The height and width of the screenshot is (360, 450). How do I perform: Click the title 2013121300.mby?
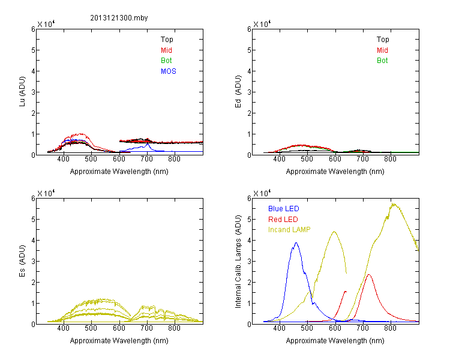pos(119,18)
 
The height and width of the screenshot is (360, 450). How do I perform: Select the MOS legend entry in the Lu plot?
pos(169,71)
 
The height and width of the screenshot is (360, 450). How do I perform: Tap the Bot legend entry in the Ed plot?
pos(382,61)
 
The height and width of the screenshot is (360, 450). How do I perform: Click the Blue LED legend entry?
pos(284,209)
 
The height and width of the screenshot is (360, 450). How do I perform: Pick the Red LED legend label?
pos(283,220)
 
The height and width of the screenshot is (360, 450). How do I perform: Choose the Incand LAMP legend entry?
pos(289,230)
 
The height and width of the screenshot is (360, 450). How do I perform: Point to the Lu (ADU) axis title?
pos(22,91)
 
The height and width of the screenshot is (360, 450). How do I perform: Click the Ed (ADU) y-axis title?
pos(238,91)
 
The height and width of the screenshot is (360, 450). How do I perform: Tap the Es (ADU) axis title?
pos(22,260)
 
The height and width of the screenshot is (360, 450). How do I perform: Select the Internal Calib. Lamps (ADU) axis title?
pos(238,262)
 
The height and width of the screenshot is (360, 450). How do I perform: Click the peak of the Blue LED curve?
pos(296,243)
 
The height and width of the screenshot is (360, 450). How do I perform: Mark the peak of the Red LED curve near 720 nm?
pos(369,275)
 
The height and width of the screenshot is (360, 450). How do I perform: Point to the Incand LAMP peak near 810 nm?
pos(393,204)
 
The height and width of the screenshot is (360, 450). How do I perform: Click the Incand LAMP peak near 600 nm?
pos(334,232)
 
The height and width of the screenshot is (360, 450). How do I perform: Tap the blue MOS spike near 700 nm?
pos(148,144)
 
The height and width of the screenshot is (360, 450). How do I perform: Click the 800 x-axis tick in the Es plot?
pos(174,328)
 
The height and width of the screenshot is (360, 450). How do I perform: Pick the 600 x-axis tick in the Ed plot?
pos(335,159)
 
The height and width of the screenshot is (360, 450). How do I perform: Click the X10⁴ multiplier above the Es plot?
pos(46,193)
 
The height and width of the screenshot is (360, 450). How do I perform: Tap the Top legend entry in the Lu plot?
pos(167,40)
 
